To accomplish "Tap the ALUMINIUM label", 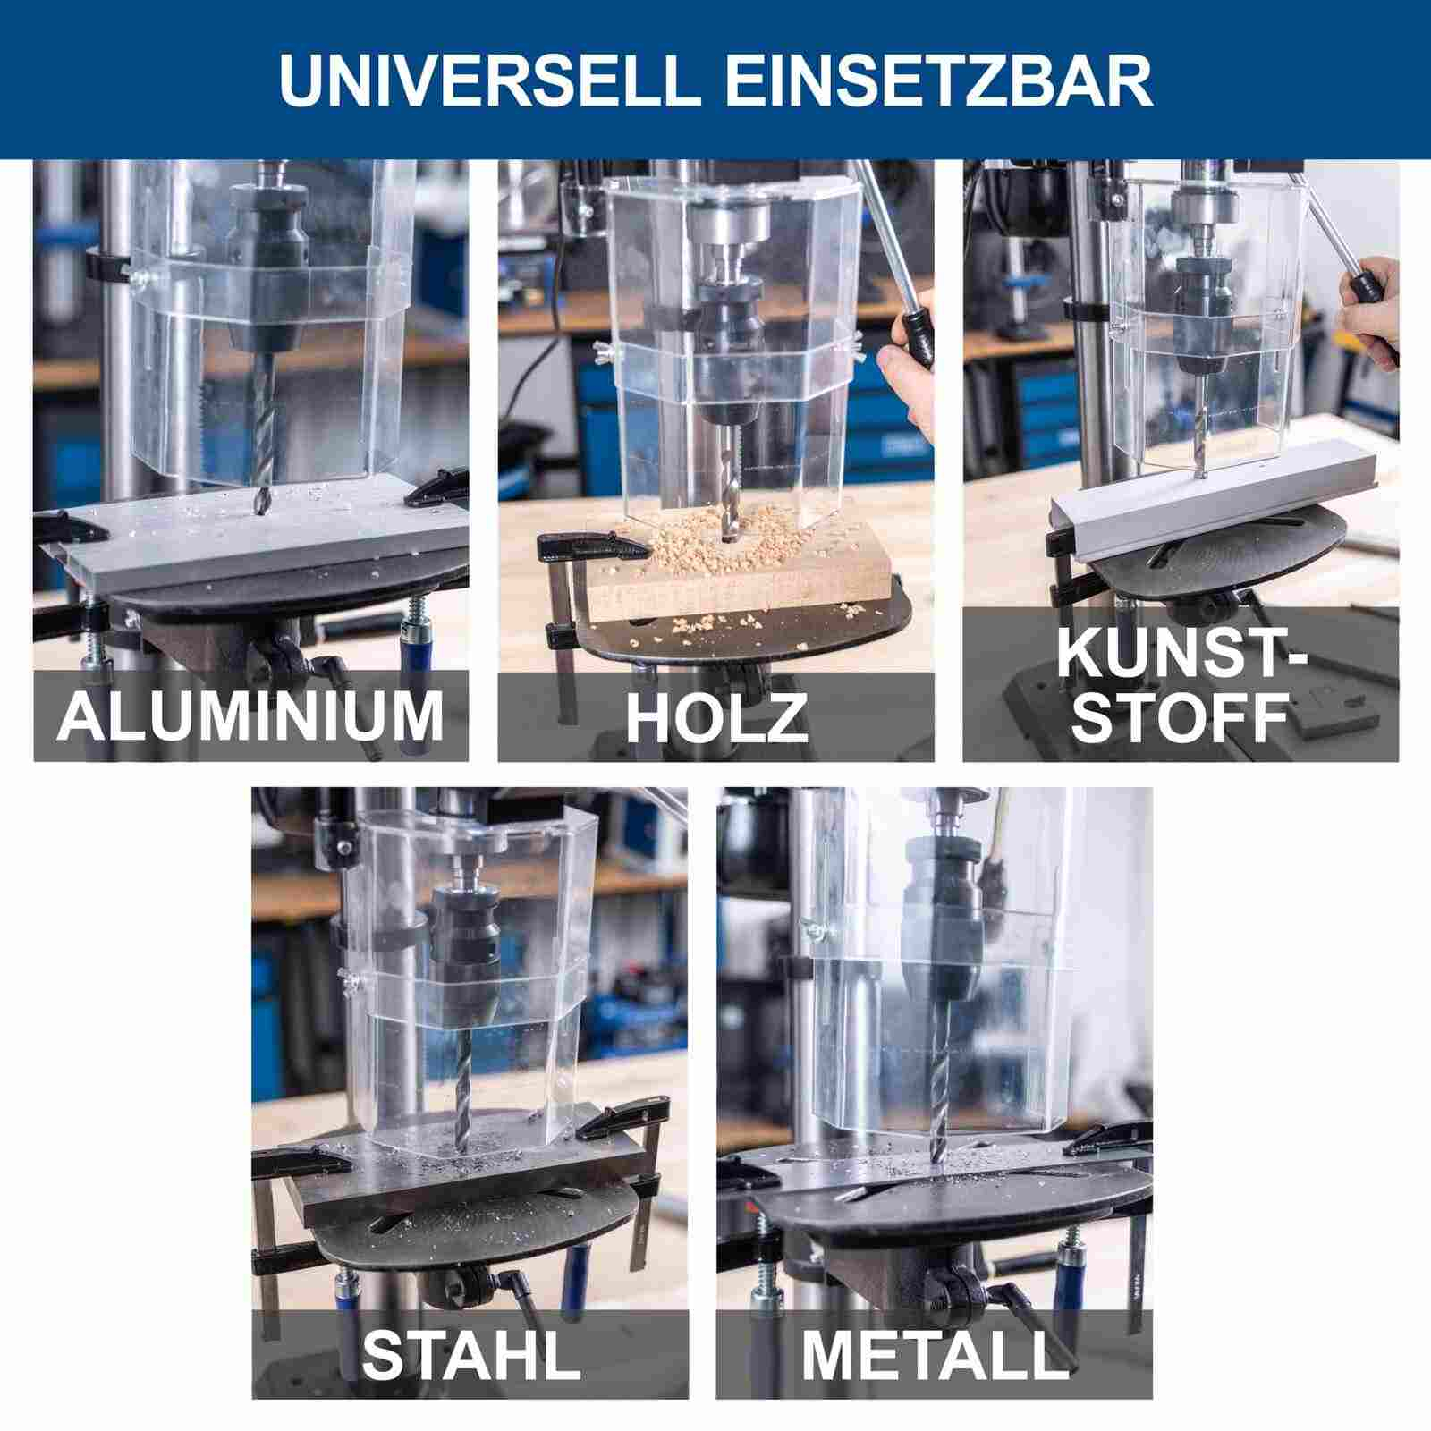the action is tap(250, 715).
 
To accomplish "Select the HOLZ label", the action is tap(715, 715).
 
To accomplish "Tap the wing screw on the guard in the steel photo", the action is tap(348, 981).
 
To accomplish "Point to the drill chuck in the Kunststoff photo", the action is tap(1200, 313).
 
